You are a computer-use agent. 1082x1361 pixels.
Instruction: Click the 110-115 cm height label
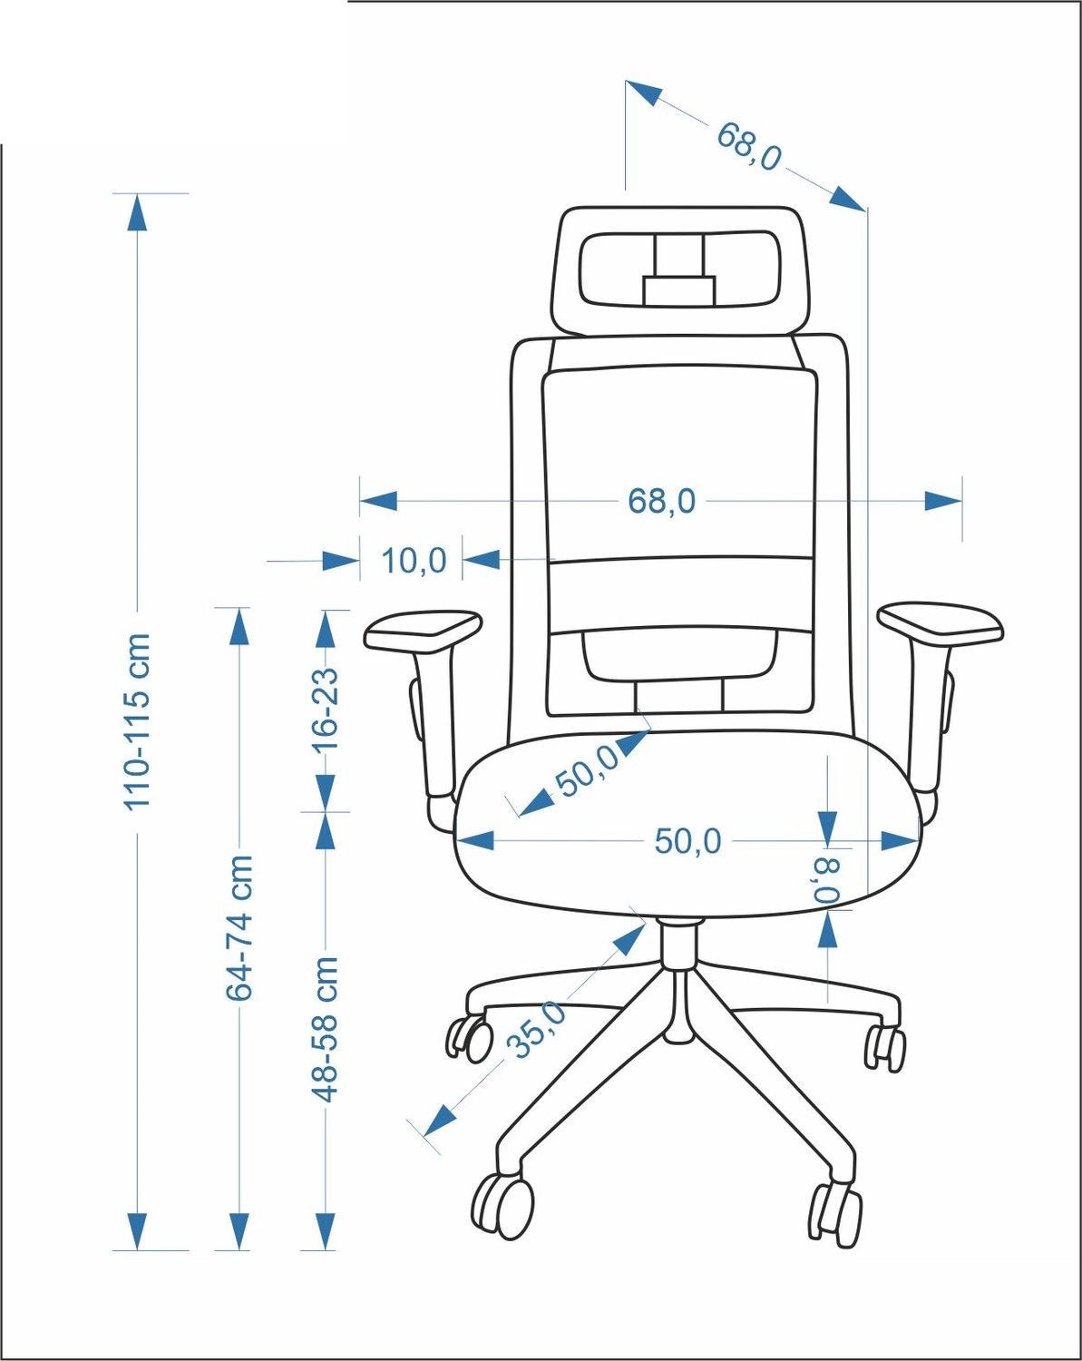[x=137, y=721]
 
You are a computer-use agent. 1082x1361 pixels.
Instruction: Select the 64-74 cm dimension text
[x=239, y=935]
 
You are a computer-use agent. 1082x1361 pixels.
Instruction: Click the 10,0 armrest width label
[x=414, y=561]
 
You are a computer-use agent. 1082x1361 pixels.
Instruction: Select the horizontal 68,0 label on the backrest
[x=661, y=501]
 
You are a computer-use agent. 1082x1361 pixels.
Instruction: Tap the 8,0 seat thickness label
[x=827, y=880]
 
